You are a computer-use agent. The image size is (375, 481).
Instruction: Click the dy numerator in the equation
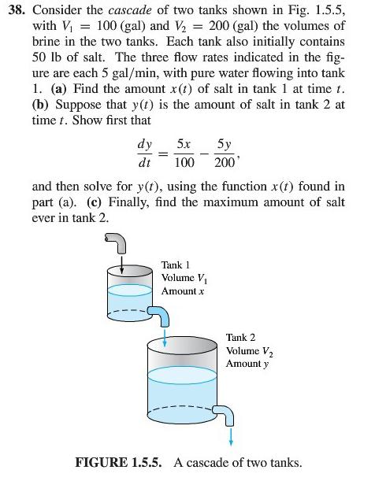pyautogui.click(x=144, y=146)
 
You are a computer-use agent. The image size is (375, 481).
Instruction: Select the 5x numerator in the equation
pyautogui.click(x=184, y=146)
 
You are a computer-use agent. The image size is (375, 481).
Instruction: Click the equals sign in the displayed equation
pyautogui.click(x=165, y=154)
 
